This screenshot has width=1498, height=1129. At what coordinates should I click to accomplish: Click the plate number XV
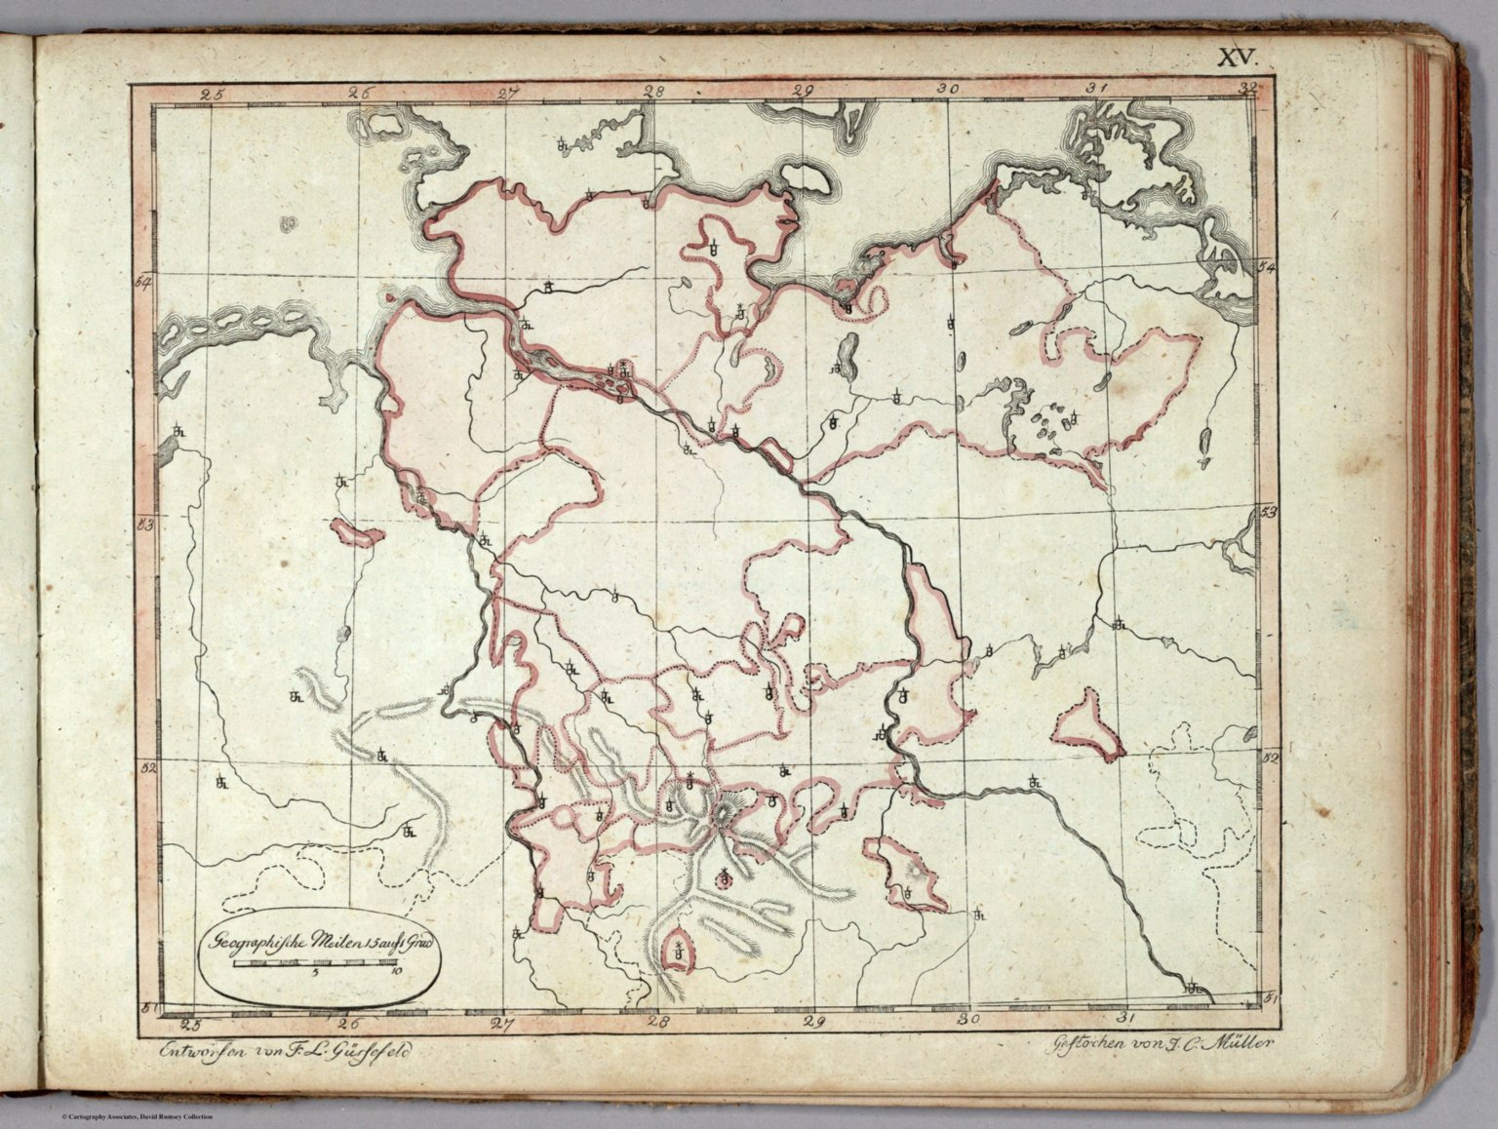point(1238,58)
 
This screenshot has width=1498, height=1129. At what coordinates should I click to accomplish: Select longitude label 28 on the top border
point(653,93)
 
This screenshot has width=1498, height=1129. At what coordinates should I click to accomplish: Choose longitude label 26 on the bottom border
point(348,1024)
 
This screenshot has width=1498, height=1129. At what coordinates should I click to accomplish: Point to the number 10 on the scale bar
point(394,972)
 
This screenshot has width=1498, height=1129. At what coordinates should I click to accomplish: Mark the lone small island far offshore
point(287,224)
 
